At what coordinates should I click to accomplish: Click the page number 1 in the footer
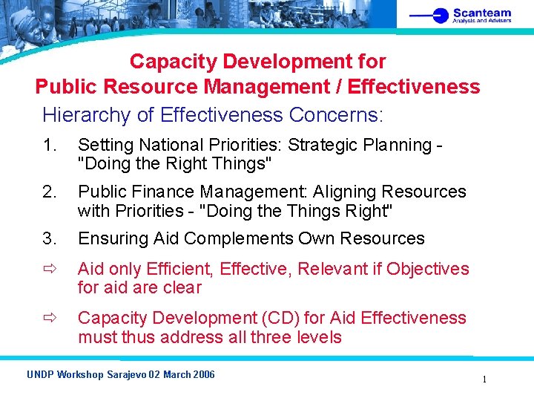(x=484, y=379)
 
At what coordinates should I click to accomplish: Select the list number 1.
(x=48, y=146)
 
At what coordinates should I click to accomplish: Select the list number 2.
(x=49, y=192)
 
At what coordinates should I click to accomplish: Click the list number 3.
(x=49, y=238)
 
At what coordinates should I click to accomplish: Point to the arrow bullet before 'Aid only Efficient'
(x=49, y=269)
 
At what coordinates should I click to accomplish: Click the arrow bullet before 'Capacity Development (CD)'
(x=49, y=319)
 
